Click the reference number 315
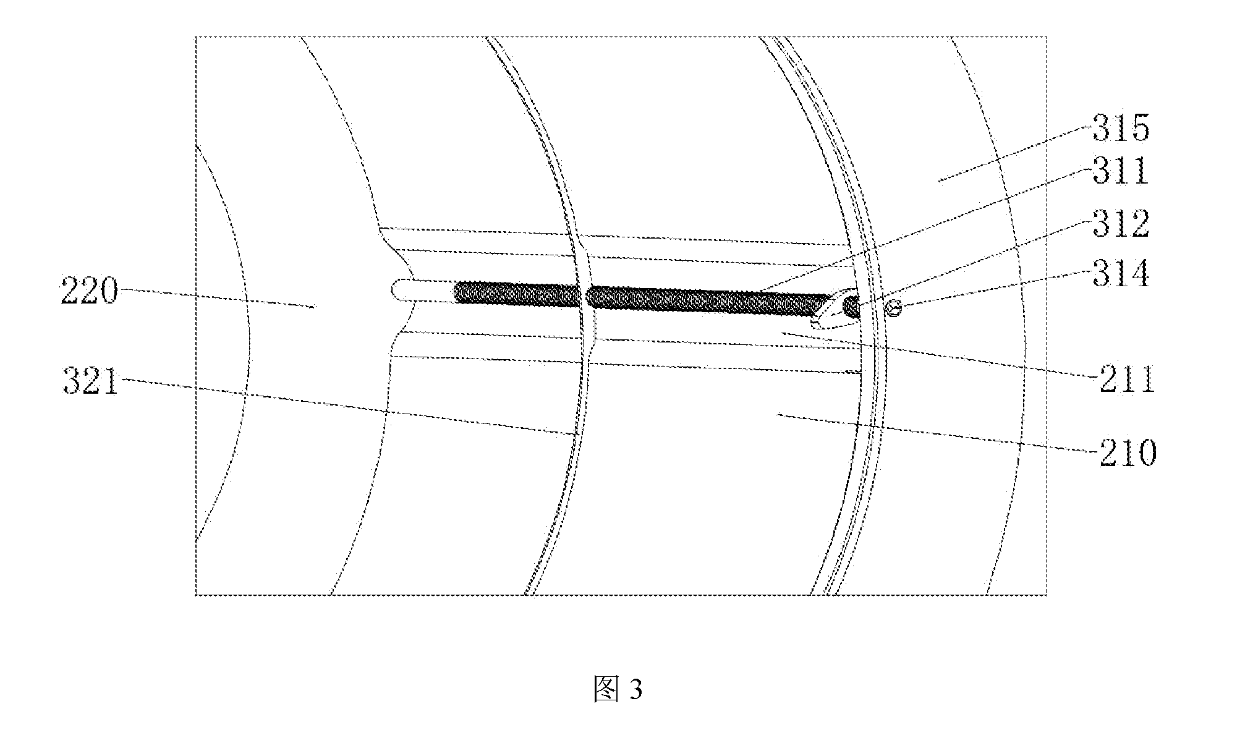click(x=1120, y=129)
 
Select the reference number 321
click(x=90, y=381)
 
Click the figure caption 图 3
click(x=618, y=689)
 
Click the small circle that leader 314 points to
click(x=893, y=307)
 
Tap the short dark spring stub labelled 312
click(x=852, y=307)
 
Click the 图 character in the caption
click(x=605, y=689)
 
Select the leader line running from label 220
click(x=217, y=297)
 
